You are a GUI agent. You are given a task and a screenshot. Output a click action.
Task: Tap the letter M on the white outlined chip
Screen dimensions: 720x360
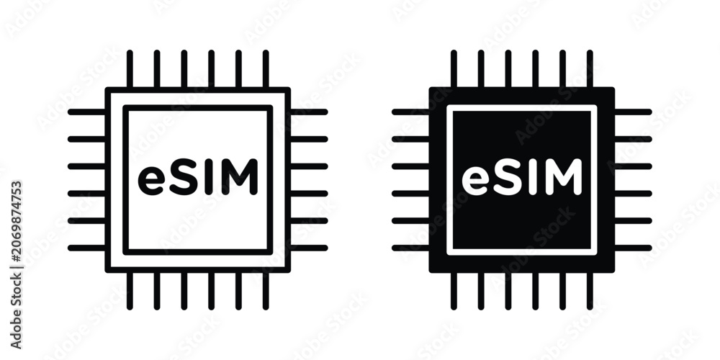pos(239,177)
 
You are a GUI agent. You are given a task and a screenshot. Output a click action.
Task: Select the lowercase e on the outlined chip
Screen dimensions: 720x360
pos(151,181)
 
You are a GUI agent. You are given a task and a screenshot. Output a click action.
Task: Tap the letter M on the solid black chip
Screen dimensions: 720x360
pos(563,177)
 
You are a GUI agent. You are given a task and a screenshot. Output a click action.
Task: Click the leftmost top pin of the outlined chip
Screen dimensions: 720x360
pos(130,68)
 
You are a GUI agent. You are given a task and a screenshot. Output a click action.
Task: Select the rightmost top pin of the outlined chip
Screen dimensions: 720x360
pos(266,68)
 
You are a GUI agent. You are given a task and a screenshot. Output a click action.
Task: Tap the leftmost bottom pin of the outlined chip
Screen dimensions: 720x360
pos(130,291)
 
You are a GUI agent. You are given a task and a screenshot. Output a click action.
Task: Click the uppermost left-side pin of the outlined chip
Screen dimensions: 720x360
pos(87,112)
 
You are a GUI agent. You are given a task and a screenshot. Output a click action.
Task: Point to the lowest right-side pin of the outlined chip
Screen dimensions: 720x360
pos(309,248)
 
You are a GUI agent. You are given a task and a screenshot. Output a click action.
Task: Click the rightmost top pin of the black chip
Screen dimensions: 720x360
pos(590,68)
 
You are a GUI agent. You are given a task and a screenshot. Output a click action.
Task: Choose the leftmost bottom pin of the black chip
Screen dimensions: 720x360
pos(454,291)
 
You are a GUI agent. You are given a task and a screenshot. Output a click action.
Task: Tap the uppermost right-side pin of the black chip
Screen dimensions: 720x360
pos(633,112)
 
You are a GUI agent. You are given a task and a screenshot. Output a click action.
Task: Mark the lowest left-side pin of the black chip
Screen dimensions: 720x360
pos(410,248)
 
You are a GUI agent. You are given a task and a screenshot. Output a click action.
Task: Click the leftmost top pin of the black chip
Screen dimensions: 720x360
pos(454,68)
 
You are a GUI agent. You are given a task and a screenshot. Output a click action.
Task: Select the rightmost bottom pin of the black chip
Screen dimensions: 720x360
pos(590,291)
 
